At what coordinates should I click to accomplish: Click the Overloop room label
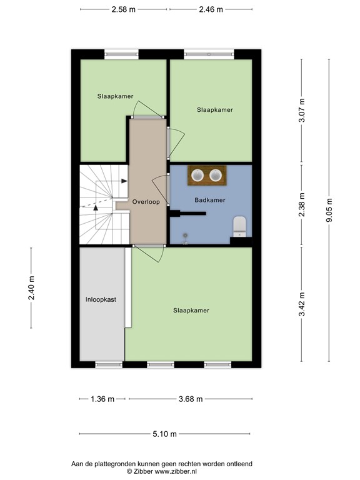point(146,202)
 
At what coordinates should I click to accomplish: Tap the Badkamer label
point(209,200)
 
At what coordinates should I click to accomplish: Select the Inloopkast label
point(101,299)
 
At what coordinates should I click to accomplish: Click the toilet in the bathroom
point(239,226)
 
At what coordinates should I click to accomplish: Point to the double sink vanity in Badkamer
point(209,175)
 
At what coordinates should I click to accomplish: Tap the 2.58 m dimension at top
point(124,9)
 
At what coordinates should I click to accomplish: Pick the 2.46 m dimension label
point(210,9)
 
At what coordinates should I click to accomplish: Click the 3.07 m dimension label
point(302,110)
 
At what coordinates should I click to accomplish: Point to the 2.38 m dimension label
point(302,204)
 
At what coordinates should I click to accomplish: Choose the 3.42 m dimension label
point(302,304)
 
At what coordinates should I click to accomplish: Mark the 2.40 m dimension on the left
point(32,288)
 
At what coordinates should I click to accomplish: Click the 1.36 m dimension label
point(103,399)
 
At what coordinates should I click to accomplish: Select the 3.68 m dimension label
point(190,399)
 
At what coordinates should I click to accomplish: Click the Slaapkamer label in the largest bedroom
point(191,310)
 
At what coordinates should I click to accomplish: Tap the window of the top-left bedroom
point(121,54)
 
